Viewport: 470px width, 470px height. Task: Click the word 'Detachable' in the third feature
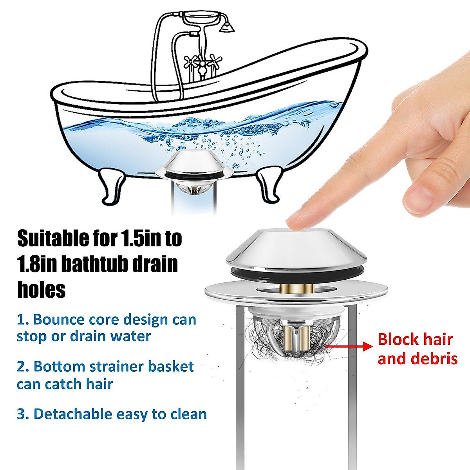pyautogui.click(x=76, y=414)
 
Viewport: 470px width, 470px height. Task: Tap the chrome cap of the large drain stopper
pyautogui.click(x=296, y=249)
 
